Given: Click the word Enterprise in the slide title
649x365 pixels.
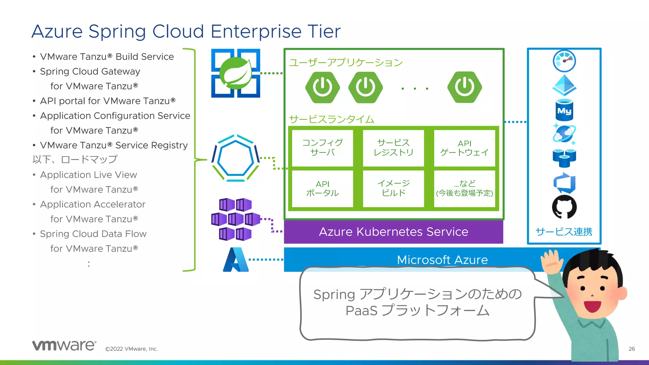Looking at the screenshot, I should [255, 32].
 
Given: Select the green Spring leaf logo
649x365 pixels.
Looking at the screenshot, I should [235, 74].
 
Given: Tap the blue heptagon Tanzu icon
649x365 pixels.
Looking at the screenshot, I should [235, 158].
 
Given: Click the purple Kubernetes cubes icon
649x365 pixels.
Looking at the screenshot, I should [235, 219].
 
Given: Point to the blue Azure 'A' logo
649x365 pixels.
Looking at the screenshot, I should [235, 260].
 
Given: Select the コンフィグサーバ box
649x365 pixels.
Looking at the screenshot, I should [322, 148].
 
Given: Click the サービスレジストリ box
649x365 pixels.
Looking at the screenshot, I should [393, 148].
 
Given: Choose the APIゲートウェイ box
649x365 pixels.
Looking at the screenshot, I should [464, 148].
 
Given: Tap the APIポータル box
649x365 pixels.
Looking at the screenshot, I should [322, 189].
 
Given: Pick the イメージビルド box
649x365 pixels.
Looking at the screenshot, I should [393, 189].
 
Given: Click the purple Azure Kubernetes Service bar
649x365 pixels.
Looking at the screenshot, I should [393, 232].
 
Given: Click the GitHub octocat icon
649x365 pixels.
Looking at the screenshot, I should [564, 207].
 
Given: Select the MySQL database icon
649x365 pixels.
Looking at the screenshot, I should [564, 110].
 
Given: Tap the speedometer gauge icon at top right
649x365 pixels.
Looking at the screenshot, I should [564, 61].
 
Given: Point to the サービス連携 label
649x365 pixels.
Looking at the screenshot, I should [564, 232].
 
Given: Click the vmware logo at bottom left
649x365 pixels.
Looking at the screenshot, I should [64, 345].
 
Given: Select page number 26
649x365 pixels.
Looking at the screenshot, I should [632, 349].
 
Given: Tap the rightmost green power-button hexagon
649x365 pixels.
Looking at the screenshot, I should [465, 87].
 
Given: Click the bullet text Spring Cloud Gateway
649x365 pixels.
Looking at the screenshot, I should [90, 72].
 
